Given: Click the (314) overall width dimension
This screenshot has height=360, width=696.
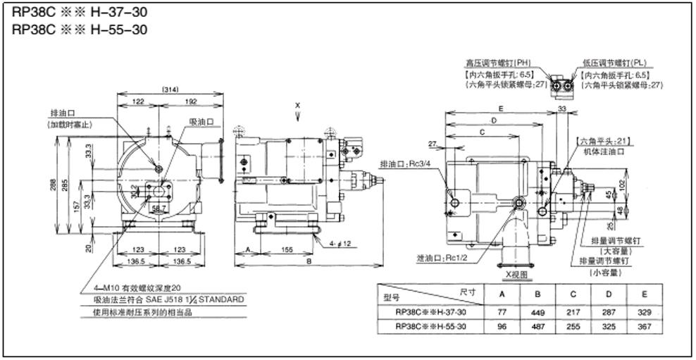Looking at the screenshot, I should coord(169,91).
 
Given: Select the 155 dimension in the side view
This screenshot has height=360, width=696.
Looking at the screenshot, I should coord(285,249).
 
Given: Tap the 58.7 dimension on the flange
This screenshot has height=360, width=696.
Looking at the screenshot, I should coord(161,209).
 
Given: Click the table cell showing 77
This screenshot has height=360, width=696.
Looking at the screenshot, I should coord(502,311).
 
